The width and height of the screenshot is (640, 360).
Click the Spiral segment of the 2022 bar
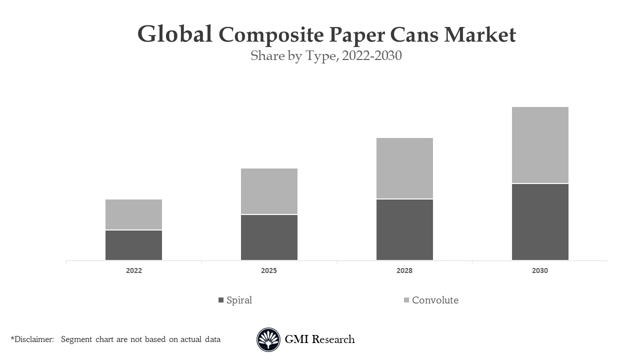(133, 245)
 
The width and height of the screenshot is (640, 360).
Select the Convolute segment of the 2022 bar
(133, 214)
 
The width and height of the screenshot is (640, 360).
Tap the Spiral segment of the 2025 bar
(269, 237)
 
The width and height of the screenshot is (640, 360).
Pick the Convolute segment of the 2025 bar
(269, 191)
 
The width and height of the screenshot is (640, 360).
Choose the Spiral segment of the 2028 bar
(404, 229)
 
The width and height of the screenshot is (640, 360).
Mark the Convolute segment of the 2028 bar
(404, 168)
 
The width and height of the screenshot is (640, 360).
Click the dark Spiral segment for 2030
(540, 222)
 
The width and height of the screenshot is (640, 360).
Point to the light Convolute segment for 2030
(540, 145)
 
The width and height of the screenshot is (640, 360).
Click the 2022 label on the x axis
(133, 270)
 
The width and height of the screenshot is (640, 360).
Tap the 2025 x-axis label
(269, 270)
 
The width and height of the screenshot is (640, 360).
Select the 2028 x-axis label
(404, 270)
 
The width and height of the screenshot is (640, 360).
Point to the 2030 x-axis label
(540, 270)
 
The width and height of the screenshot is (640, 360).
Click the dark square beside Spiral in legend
(221, 300)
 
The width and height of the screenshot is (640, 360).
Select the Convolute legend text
(435, 300)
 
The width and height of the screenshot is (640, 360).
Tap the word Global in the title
(174, 34)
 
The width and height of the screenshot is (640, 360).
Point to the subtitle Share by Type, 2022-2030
(326, 56)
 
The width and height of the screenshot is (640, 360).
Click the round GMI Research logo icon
(268, 340)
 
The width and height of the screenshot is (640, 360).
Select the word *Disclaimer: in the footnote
(32, 339)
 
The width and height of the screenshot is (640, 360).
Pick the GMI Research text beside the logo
(319, 339)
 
